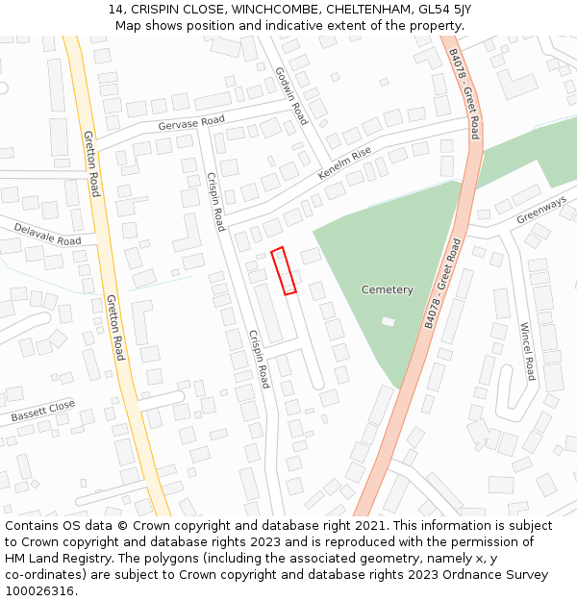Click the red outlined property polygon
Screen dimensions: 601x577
point(284,270)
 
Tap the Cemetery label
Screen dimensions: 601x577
point(387,289)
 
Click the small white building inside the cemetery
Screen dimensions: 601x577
point(388,321)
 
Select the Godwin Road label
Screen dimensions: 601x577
point(290,96)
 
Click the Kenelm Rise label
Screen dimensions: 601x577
point(344,163)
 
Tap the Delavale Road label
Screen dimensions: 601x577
point(47,234)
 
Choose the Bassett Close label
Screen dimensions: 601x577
point(43,412)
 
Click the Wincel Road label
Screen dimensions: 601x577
point(526,350)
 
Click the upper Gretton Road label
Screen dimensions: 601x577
point(91,163)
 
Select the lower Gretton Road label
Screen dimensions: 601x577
point(115,327)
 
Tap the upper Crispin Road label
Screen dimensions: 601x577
point(215,201)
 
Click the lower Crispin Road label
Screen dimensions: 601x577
point(259,359)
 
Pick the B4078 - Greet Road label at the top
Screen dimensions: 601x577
point(464,92)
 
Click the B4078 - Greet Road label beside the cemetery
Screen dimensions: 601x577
point(442,284)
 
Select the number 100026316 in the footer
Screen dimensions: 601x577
point(38,590)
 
